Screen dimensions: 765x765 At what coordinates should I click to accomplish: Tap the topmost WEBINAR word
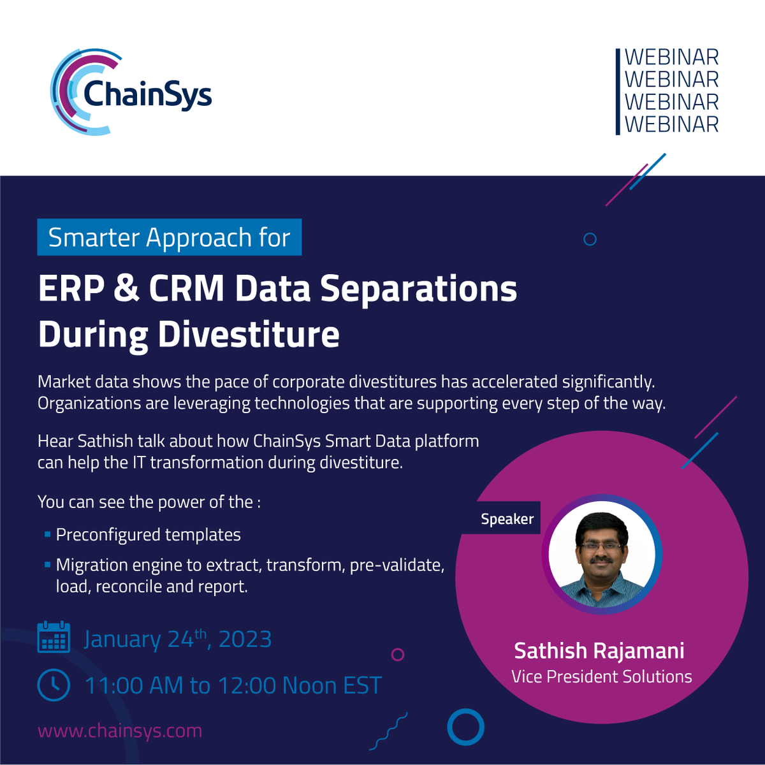(x=671, y=57)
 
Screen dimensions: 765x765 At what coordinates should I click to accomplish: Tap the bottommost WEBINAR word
(x=671, y=124)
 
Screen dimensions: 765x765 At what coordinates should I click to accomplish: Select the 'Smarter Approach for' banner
(x=169, y=237)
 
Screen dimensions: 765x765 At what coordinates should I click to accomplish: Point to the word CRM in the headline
(x=186, y=288)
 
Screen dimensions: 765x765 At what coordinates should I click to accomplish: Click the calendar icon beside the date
(x=54, y=637)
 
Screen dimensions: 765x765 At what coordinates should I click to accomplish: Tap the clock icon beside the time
(x=54, y=685)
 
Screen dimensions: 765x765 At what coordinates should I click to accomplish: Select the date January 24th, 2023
(x=178, y=639)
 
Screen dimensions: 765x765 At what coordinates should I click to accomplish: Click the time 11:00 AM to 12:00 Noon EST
(x=233, y=686)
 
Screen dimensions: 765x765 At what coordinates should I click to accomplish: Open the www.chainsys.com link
(x=120, y=731)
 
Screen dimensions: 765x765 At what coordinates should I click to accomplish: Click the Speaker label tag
(x=507, y=519)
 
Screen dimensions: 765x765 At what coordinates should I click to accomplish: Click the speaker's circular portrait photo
(x=602, y=554)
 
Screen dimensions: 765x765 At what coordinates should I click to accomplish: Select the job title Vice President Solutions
(x=601, y=676)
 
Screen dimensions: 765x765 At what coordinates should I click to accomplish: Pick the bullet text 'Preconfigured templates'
(x=148, y=534)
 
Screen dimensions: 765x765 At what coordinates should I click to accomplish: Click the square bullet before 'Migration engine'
(x=47, y=565)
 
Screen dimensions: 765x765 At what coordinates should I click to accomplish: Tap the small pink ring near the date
(x=398, y=654)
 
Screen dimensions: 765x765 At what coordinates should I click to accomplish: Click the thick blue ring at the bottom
(x=465, y=727)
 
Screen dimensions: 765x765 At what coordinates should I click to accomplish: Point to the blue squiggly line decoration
(x=388, y=732)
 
